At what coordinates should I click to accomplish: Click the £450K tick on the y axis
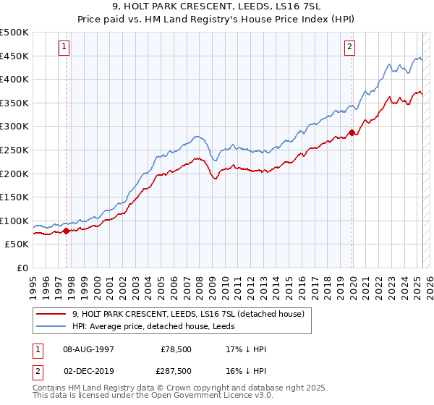coord(14,56)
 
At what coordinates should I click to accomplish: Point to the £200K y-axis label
coord(14,174)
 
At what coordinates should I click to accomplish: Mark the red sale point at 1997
coord(67,231)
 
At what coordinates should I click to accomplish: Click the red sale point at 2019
coord(352,132)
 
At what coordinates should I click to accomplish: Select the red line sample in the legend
coord(51,314)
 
